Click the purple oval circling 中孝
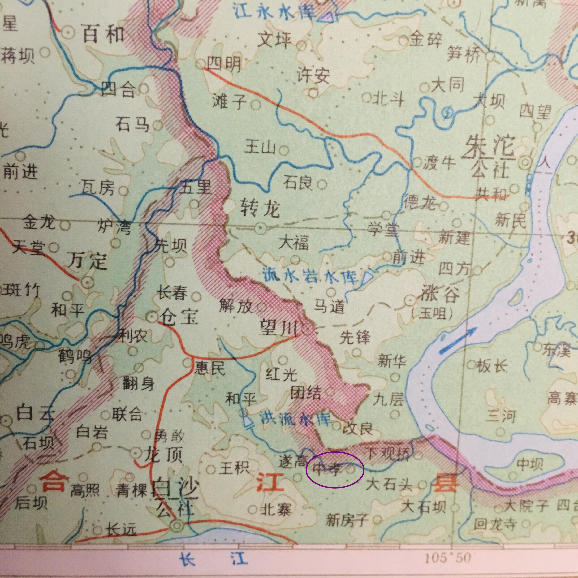point(335,470)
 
